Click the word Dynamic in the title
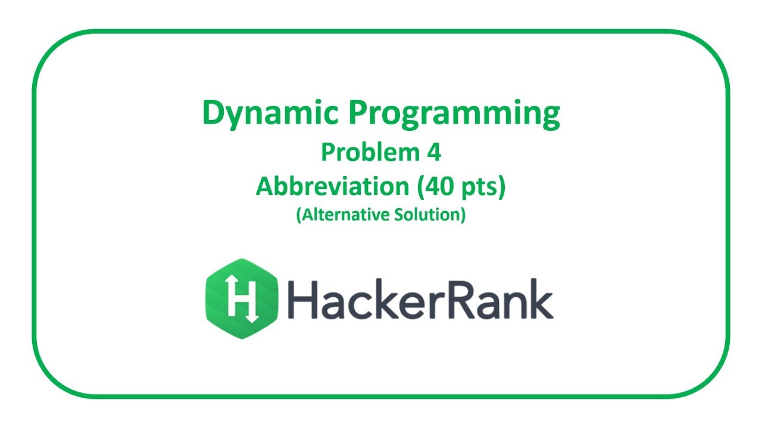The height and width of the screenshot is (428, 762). click(269, 113)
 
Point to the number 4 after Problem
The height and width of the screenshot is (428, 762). click(433, 153)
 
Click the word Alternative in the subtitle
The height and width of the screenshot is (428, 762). click(346, 215)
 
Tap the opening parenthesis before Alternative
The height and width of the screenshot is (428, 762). click(298, 215)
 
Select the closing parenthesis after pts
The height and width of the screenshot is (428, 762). click(501, 187)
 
